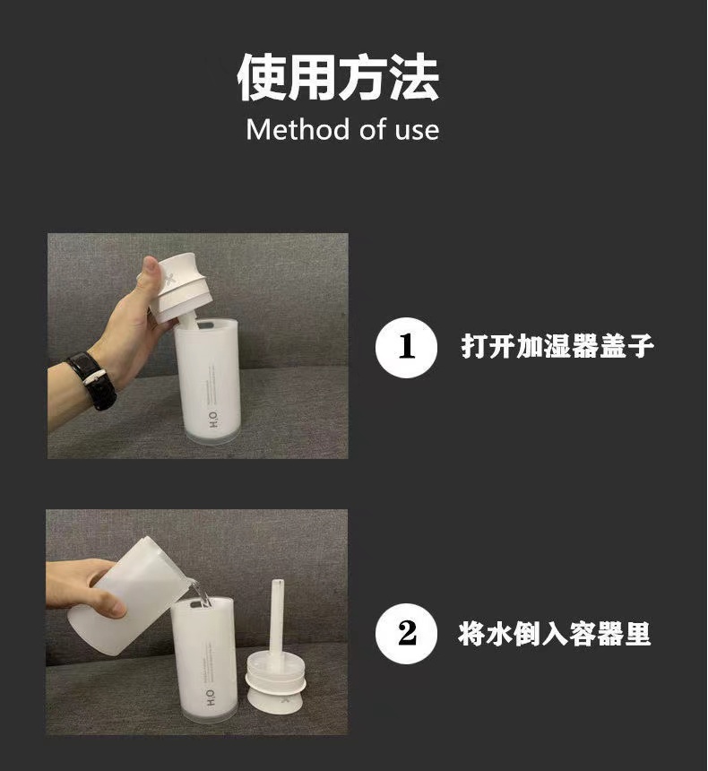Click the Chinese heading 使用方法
pos(338,78)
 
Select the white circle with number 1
pos(406,346)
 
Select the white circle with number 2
pos(406,634)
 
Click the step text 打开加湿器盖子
pos(557,346)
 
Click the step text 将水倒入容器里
pos(554,635)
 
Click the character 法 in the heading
pos(414,78)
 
